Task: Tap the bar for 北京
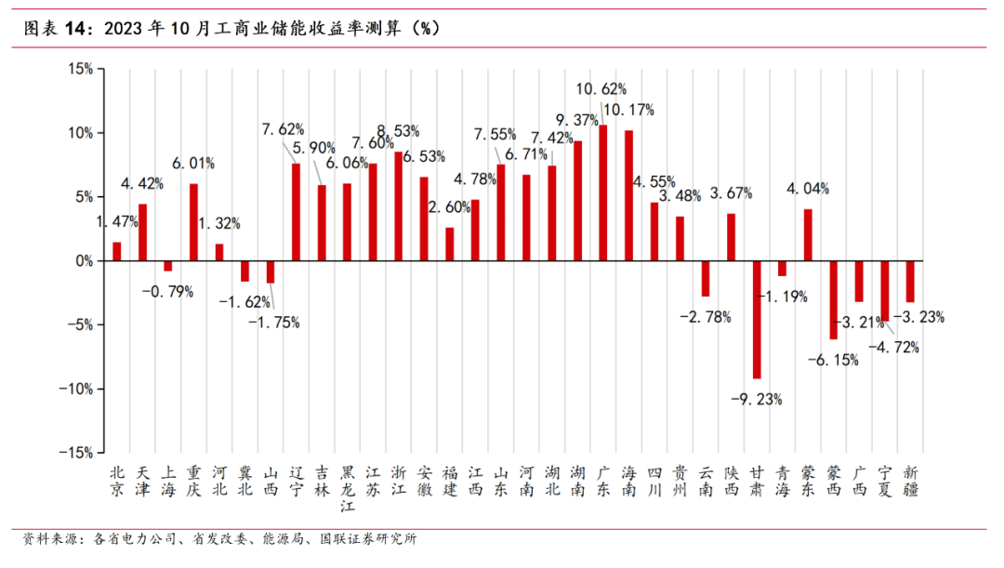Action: (117, 251)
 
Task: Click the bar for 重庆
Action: (193, 222)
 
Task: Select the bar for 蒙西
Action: (834, 299)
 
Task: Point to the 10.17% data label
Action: (629, 110)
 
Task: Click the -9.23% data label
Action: (757, 400)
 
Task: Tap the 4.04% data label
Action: (808, 189)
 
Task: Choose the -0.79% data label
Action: (167, 292)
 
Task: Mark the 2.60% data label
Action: (450, 207)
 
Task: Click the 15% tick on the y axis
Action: (80, 68)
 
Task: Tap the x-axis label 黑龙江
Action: (347, 488)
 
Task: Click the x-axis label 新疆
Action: (911, 480)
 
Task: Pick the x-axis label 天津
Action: (142, 480)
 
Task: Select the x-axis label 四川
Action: (654, 480)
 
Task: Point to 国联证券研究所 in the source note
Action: (367, 539)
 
